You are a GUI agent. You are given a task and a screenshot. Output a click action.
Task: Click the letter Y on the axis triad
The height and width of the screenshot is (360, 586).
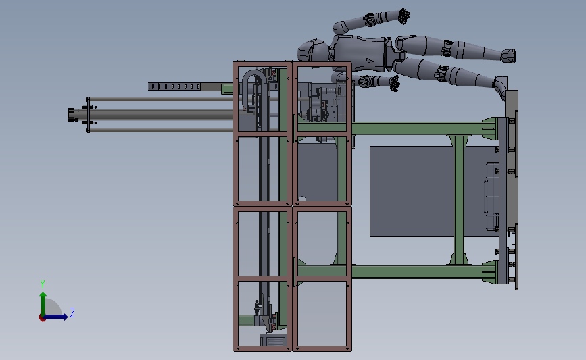42,284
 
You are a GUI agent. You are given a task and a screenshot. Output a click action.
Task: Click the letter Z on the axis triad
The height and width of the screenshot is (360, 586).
72,313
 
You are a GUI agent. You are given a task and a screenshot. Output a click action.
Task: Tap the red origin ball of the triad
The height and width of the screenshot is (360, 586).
43,317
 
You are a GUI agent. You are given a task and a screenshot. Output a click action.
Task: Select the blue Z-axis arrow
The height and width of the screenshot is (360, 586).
59,316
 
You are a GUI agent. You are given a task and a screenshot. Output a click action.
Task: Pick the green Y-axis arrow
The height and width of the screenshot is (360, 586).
43,301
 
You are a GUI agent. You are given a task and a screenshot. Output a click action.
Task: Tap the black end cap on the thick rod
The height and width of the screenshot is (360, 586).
70,115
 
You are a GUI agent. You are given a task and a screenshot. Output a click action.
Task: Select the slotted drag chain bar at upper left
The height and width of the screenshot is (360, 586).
176,86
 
